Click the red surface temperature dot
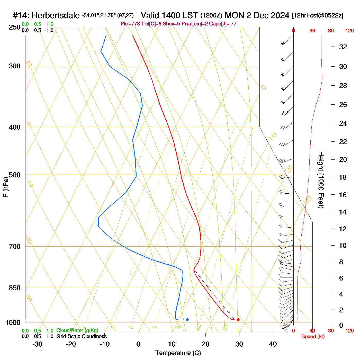coord(238,320)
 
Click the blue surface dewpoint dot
coord(187,320)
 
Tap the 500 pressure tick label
coord(15,175)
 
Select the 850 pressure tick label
coord(15,288)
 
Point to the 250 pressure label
coord(15,27)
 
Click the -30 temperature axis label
coord(37,344)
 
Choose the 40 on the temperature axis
coord(273,344)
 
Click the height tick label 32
coord(343,47)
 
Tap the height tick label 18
coord(343,177)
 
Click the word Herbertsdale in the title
coord(56,16)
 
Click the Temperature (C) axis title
coord(178,353)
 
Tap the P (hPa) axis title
coord(6,187)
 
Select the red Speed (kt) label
coord(313,337)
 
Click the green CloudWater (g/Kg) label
coord(77,330)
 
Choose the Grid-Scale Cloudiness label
coord(82,336)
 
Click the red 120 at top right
coord(349,31)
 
